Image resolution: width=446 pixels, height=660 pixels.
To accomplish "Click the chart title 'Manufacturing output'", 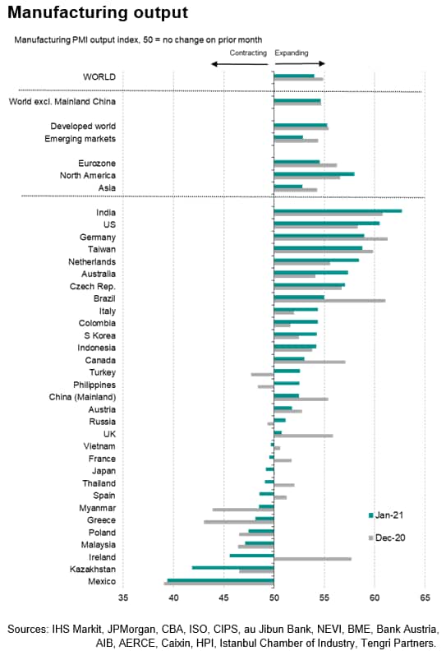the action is click(x=98, y=12).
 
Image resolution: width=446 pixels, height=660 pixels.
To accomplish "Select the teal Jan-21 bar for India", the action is click(x=338, y=211).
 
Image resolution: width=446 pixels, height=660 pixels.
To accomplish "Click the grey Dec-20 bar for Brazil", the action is click(x=329, y=301).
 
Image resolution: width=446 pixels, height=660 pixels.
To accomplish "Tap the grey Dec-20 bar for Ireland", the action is click(x=313, y=559).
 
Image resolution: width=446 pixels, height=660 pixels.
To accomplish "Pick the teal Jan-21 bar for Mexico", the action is click(x=220, y=580).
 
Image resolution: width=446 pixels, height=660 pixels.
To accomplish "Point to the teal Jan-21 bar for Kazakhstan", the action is click(x=232, y=568).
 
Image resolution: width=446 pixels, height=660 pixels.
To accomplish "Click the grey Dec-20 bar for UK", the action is click(x=303, y=436).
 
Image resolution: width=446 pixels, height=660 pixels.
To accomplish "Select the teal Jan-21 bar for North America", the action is click(x=314, y=174).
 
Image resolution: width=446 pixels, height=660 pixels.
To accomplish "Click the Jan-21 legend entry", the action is click(x=386, y=515).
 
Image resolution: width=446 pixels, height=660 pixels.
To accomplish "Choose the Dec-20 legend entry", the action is click(x=387, y=538).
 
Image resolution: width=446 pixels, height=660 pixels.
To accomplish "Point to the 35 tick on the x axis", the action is click(x=123, y=598).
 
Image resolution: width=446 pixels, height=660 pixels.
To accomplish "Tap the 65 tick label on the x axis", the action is click(x=425, y=598).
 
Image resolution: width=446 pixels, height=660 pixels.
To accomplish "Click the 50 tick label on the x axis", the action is click(x=274, y=598).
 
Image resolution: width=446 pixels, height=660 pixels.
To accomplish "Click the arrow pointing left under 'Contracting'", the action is click(x=239, y=64).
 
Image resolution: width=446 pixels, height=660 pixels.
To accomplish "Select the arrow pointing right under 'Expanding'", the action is click(x=300, y=64).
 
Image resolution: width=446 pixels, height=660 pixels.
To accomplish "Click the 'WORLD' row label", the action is click(x=99, y=77).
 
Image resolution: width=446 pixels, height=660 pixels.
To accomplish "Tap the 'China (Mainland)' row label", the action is click(x=82, y=397).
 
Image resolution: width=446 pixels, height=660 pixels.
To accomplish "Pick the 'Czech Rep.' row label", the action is click(x=93, y=287).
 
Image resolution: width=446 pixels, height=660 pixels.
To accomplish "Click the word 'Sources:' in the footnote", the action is click(x=28, y=630).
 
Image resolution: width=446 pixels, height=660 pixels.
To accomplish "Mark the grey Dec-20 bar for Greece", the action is click(x=238, y=522).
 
